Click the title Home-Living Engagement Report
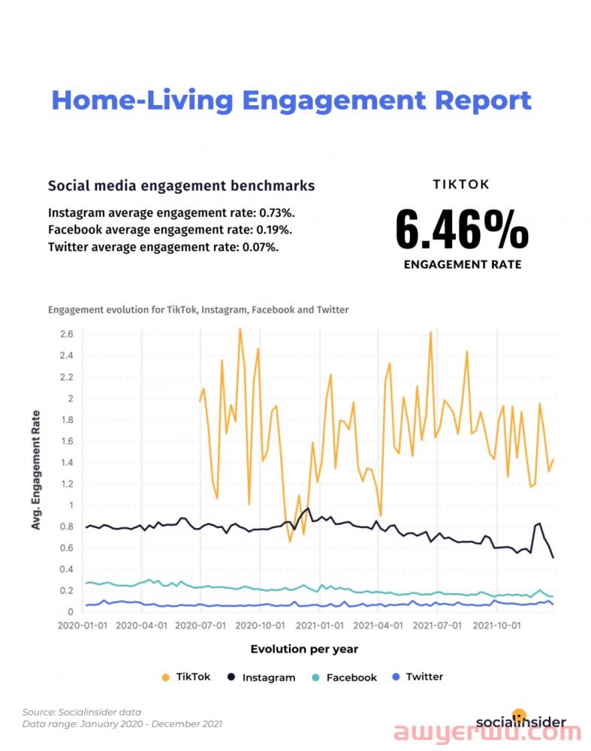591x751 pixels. point(291,100)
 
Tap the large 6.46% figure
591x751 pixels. point(462,229)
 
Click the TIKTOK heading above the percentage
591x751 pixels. point(462,184)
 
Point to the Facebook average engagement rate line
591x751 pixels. point(170,230)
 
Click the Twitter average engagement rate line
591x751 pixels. point(163,246)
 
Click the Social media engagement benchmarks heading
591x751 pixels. point(181,185)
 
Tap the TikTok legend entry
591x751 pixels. point(187,677)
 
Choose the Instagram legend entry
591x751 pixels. point(261,677)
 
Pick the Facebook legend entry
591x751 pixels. point(345,677)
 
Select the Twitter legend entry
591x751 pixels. point(418,677)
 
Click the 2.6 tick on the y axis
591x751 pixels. point(67,334)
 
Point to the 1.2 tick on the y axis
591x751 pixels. point(67,484)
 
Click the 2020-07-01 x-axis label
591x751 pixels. point(201,624)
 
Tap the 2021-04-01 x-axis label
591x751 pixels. point(379,624)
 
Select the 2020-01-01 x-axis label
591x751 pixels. point(82,624)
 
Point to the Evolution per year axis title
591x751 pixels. point(304,649)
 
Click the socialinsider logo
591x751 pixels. point(520,721)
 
